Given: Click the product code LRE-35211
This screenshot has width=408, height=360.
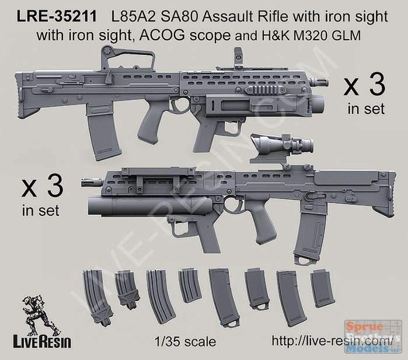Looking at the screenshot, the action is click(57, 17).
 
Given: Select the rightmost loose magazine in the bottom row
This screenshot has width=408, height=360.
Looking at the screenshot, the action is click(322, 288).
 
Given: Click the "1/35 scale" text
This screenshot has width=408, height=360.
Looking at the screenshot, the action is click(185, 341).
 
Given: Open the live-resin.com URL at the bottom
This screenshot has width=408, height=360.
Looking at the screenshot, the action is click(331, 341).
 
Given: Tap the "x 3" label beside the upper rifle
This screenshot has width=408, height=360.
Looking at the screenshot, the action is click(364, 86).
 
